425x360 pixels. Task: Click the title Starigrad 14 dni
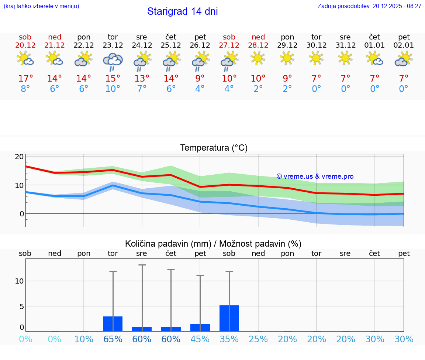point(182,11)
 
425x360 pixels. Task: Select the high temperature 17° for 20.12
point(25,79)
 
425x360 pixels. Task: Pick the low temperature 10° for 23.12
point(113,89)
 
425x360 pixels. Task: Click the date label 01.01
point(374,45)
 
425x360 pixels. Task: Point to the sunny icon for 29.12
point(287,58)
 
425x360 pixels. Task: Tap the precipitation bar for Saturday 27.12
point(229,318)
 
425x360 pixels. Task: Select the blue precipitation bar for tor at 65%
point(113,324)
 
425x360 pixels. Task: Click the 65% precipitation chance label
point(113,339)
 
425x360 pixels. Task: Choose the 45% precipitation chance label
point(200,339)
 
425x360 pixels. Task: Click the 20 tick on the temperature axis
point(19,157)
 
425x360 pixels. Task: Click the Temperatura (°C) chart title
point(214,148)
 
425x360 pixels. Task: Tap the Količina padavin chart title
point(213,244)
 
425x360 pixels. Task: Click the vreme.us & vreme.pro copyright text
point(315,176)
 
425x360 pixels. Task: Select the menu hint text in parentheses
point(41,6)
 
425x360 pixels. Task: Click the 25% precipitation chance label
point(258,339)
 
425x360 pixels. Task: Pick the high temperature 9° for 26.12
point(200,79)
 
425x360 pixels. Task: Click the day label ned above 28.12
point(258,37)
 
